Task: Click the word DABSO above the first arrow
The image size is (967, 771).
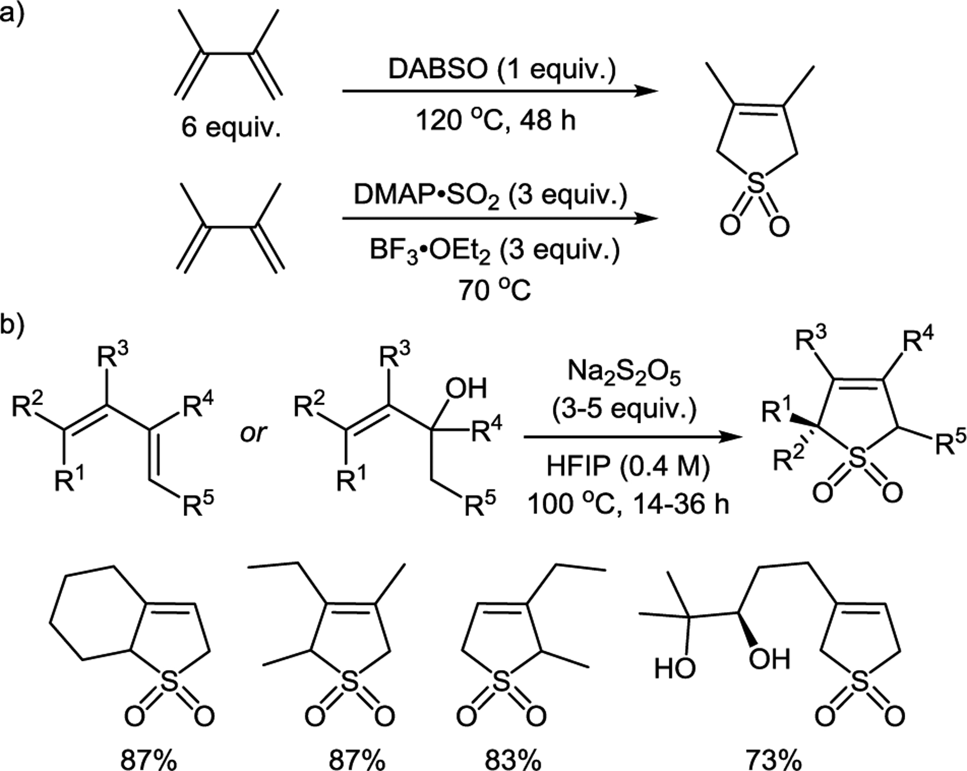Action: click(x=436, y=70)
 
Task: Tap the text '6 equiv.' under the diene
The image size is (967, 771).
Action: click(x=231, y=129)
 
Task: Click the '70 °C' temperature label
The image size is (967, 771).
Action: click(x=494, y=291)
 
